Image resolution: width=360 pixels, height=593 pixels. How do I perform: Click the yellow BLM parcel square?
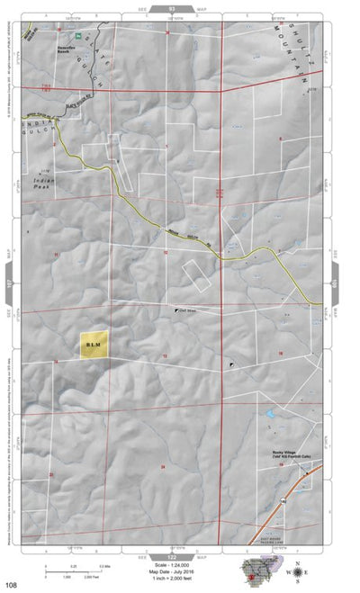[x=94, y=344]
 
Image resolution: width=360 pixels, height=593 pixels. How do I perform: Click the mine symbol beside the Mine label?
[x=176, y=310]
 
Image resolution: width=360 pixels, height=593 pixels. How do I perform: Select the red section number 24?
[x=163, y=467]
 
